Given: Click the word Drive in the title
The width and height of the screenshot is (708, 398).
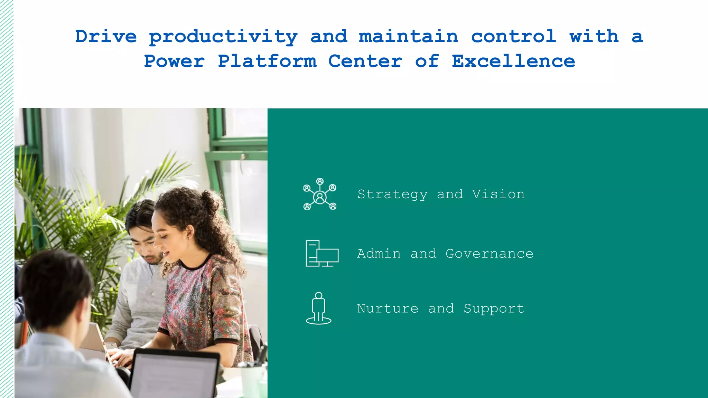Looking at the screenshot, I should (x=106, y=37).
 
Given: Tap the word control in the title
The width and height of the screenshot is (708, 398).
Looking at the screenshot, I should (x=513, y=37).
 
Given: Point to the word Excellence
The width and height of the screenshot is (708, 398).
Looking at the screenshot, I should (x=513, y=61).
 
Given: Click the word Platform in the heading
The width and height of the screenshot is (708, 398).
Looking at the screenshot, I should (x=267, y=61).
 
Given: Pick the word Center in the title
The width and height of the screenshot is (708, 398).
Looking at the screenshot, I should (x=365, y=61).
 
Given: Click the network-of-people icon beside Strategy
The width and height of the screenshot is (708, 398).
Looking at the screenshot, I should (x=320, y=194).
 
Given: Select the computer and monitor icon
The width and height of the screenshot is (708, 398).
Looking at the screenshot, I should (x=322, y=254).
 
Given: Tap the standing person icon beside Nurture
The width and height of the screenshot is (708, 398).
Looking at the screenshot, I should (x=318, y=308).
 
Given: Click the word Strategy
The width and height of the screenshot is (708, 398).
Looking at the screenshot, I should (x=392, y=195).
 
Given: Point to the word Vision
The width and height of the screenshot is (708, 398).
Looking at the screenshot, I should (x=498, y=194).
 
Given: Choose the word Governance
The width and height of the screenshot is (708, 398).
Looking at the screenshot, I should (x=489, y=254).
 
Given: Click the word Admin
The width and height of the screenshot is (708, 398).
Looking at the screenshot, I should (x=379, y=254).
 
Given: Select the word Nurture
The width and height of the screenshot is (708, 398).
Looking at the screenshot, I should (x=388, y=309).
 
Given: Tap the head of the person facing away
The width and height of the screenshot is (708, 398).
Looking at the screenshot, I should (x=55, y=287).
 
